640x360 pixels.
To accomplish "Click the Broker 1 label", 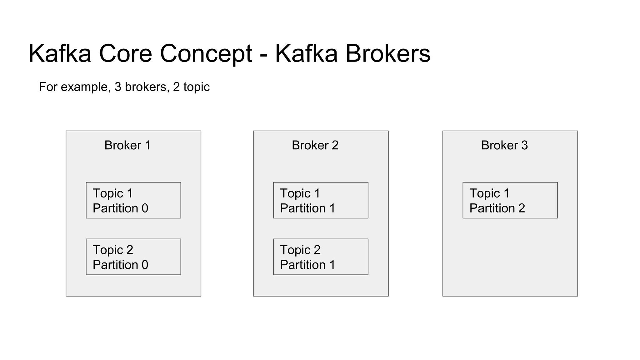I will coord(127,145).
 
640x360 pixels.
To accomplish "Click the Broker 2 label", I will coord(315,145).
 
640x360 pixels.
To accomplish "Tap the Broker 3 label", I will coord(504,145).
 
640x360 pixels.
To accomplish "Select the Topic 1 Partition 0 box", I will coord(133,200).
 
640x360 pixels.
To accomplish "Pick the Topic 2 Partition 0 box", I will coord(133,257).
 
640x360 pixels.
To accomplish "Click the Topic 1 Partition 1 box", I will coord(321,200).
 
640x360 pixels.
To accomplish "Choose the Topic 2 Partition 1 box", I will coord(321,257).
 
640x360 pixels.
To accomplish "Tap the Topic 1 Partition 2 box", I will coord(510,200).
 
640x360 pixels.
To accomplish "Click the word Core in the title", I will coord(125,54).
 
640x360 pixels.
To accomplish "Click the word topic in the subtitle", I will coord(196,87).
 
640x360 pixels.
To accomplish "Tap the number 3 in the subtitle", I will coord(118,87).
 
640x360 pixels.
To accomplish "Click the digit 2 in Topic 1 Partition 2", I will coord(522,208).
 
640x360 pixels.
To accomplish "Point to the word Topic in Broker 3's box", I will coord(484,193).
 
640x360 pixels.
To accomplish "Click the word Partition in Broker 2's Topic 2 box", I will coord(302,265).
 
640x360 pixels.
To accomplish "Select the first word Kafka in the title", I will coord(60,54).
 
